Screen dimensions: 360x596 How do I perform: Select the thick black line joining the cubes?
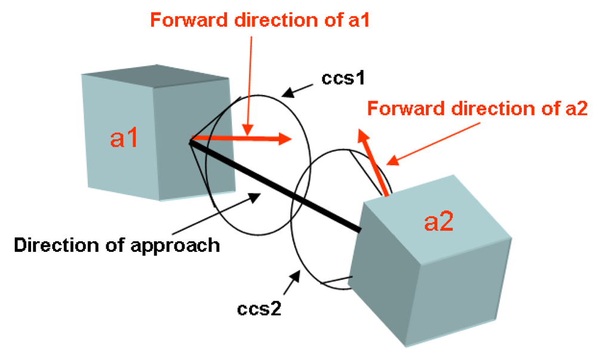[275, 185]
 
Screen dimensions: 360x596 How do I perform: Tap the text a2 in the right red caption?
[577, 109]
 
